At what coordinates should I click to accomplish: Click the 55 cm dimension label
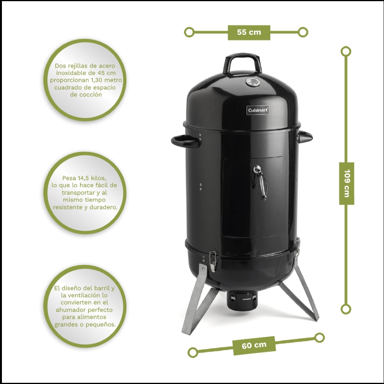tap(249, 32)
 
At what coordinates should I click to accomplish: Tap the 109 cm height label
tap(346, 183)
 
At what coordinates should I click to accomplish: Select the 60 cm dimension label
tap(254, 345)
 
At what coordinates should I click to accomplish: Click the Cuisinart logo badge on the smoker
tap(258, 110)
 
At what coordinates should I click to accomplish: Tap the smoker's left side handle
tap(185, 141)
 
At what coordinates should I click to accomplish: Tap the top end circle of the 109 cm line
tap(346, 51)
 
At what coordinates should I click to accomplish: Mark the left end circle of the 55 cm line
tap(189, 32)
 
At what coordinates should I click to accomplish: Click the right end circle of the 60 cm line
tap(319, 338)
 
